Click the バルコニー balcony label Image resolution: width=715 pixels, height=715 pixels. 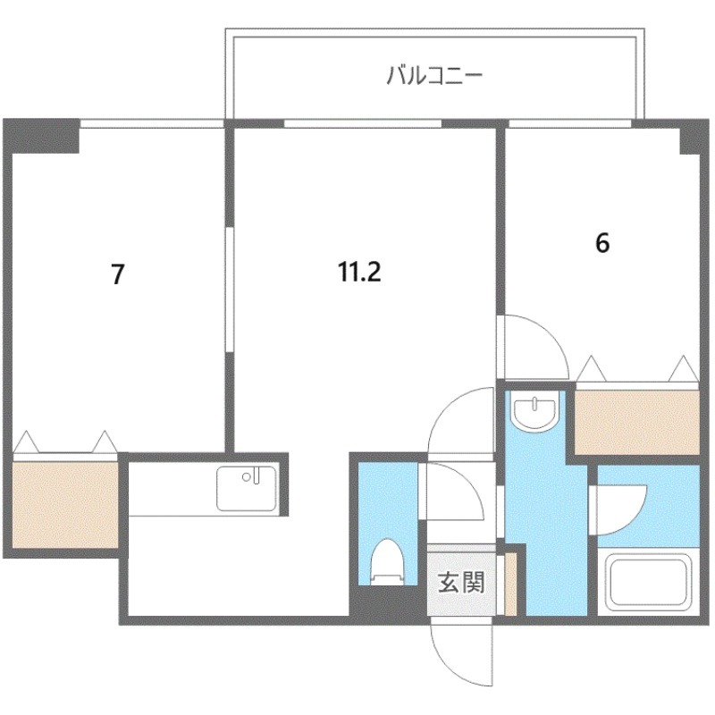tap(434, 75)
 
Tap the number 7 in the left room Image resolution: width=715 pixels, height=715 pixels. tap(117, 274)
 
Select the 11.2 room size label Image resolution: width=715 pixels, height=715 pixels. tap(359, 273)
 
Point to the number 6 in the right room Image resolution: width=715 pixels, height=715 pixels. tap(602, 243)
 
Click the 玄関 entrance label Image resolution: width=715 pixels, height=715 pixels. tap(460, 584)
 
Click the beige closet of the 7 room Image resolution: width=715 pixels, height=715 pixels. tap(64, 503)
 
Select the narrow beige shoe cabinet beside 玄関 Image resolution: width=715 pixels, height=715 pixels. tap(510, 584)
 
